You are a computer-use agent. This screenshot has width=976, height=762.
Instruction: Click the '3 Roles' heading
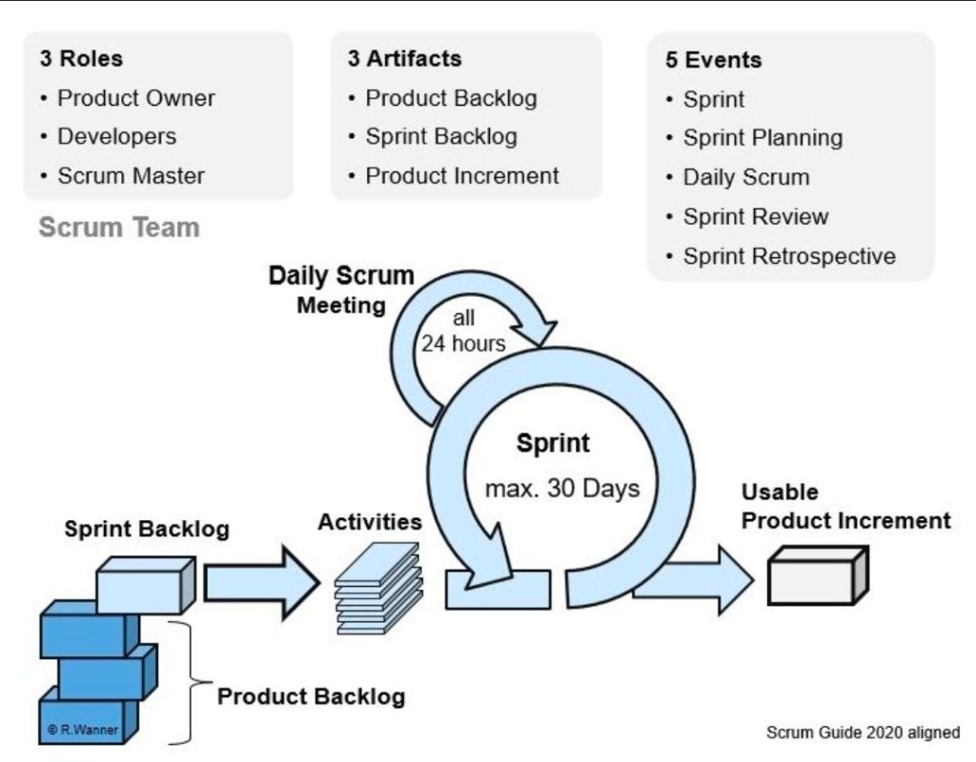(81, 58)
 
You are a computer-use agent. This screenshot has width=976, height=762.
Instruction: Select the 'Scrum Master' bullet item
(131, 176)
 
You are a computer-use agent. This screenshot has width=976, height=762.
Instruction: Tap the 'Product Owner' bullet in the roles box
(136, 98)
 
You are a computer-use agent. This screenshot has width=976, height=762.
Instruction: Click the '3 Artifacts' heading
(404, 58)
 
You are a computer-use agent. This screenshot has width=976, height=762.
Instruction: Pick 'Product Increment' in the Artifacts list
(462, 176)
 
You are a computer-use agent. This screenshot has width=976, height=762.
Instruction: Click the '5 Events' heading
(713, 60)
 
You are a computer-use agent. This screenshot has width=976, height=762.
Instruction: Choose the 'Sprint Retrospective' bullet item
(789, 256)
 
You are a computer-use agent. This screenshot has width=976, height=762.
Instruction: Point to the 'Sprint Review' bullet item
(756, 217)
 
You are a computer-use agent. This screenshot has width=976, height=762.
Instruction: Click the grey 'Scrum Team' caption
(119, 228)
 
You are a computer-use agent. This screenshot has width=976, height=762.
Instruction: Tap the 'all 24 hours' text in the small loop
(463, 331)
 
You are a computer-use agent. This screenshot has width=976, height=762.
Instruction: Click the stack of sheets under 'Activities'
(378, 589)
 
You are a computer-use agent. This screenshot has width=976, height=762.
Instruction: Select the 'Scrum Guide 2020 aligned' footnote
(863, 732)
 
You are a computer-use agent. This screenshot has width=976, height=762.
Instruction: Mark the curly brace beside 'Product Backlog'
(186, 681)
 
